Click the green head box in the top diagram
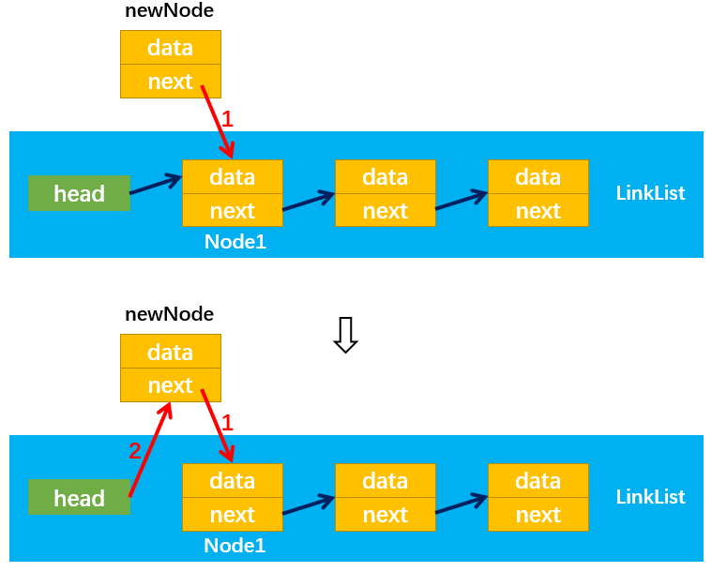click(79, 193)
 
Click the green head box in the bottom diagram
click(79, 497)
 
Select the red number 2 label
click(134, 451)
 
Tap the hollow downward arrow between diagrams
click(345, 335)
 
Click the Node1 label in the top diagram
click(235, 242)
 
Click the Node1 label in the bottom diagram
click(235, 546)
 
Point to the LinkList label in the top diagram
click(650, 193)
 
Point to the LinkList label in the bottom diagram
click(650, 497)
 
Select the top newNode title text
click(170, 11)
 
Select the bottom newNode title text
click(170, 314)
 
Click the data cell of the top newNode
click(171, 48)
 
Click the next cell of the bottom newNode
click(171, 385)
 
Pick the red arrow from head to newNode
click(150, 449)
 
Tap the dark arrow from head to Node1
click(157, 185)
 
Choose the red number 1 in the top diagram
click(227, 119)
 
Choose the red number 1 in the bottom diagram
click(227, 423)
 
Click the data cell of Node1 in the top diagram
click(233, 177)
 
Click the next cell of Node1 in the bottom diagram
click(233, 515)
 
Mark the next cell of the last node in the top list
click(538, 210)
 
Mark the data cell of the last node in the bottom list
click(538, 481)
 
